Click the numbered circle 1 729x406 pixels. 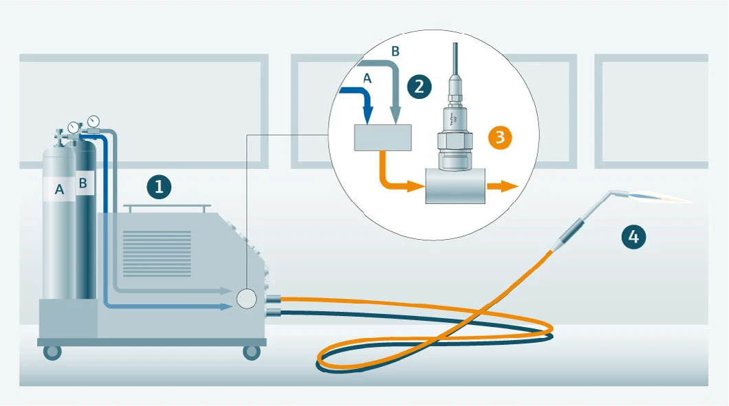(x=160, y=186)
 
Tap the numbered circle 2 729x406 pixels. (x=420, y=86)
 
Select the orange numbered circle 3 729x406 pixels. (x=501, y=137)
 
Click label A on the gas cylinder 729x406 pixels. (x=59, y=190)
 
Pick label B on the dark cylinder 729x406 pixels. (x=84, y=183)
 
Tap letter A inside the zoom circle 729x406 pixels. (x=367, y=79)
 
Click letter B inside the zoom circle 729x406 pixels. (x=394, y=51)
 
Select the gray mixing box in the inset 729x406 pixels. (x=382, y=138)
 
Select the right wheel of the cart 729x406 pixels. (x=252, y=352)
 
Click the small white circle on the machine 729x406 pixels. (x=246, y=299)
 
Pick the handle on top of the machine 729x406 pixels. (x=166, y=207)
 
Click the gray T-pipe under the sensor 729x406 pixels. (x=455, y=187)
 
